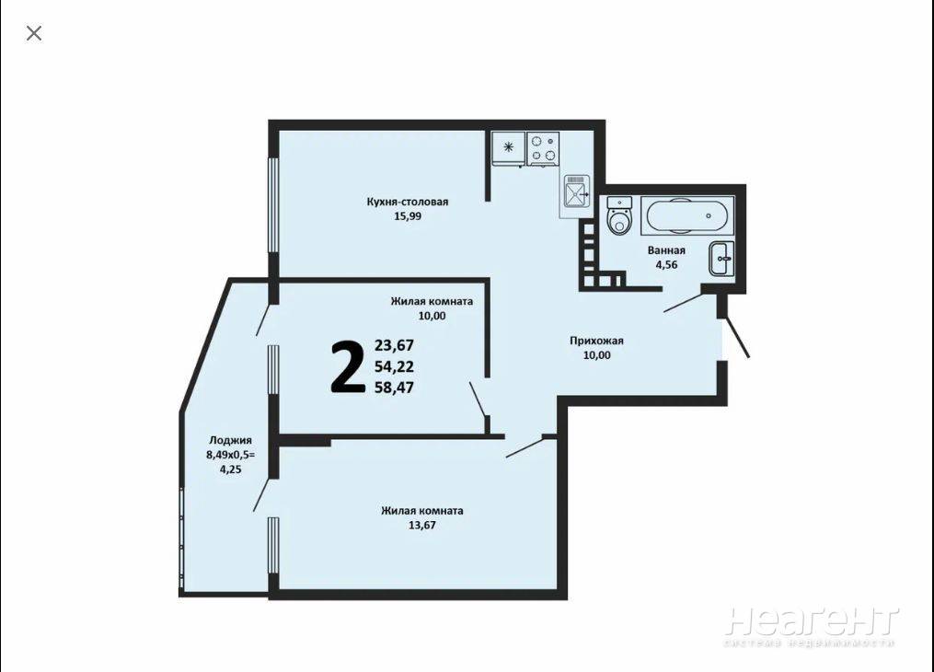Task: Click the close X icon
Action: [34, 33]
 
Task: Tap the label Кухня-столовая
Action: [408, 202]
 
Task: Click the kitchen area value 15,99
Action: [408, 216]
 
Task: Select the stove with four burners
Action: [543, 147]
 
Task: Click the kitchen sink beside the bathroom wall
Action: [576, 191]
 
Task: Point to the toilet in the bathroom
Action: [619, 215]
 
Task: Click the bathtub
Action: [687, 215]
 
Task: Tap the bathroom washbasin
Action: [721, 259]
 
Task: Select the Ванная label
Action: [666, 250]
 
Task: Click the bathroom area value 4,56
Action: [666, 265]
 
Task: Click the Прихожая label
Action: [596, 341]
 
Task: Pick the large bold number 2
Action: [347, 367]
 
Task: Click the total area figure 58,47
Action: [394, 388]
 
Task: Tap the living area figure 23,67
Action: [394, 345]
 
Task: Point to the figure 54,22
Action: [394, 366]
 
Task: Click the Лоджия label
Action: [230, 441]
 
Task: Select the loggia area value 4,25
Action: [231, 469]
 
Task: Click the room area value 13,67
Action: [421, 526]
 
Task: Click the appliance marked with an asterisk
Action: [508, 147]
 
